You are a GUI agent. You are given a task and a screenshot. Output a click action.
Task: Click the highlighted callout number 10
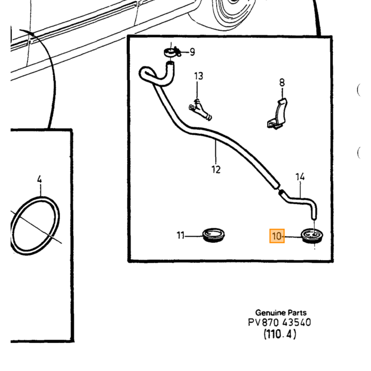277,236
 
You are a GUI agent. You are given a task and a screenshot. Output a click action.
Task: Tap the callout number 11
181,235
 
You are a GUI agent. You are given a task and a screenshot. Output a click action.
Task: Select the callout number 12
216,170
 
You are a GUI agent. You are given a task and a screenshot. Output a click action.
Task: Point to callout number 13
199,76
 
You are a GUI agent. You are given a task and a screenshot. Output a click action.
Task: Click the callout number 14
300,176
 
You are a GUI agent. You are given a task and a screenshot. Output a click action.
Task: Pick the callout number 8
282,83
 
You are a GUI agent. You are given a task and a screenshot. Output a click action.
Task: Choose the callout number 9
192,52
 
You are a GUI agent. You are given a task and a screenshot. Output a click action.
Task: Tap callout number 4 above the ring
40,179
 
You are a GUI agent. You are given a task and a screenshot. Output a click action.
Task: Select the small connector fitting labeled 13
200,110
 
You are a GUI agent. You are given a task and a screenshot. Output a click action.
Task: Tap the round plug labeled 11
214,235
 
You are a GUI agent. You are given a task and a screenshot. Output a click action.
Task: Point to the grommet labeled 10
312,236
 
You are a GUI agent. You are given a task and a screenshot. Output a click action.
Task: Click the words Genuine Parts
281,313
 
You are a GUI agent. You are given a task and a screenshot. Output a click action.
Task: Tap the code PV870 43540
279,322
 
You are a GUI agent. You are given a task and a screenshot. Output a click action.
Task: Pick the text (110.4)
280,334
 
